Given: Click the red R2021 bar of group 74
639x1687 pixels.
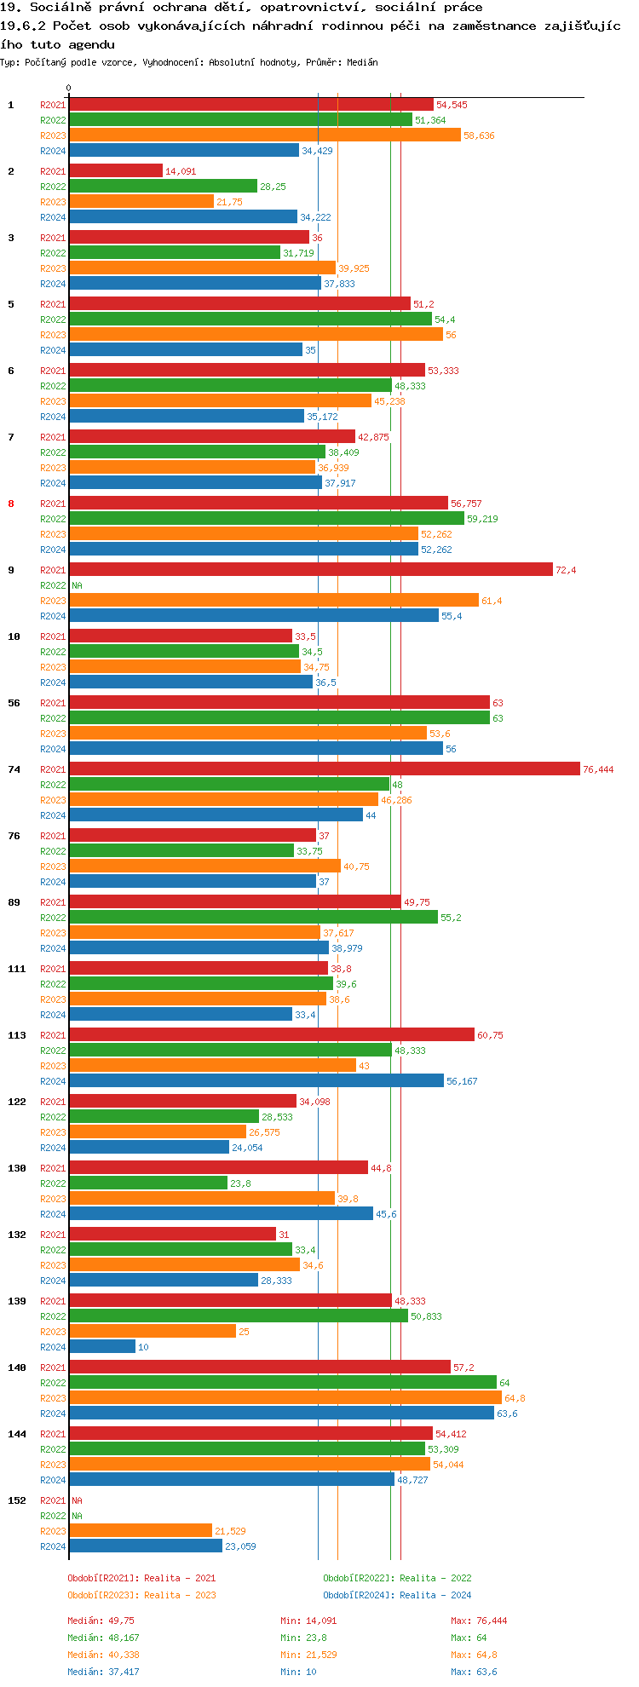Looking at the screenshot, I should coord(324,769).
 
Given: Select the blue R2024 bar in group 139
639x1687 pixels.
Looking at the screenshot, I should coord(102,1347).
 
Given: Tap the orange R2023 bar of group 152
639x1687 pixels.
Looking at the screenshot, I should coord(141,1531).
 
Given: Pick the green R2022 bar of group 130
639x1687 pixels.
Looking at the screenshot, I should coord(148,1183).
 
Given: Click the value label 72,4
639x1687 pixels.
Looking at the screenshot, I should coord(566,570).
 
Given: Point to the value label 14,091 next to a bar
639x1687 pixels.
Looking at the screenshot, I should coord(181,171).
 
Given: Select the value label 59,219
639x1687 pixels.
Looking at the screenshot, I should coord(481,519).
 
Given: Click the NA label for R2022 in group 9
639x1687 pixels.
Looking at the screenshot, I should coord(77,585).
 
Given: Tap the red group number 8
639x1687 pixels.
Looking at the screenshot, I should coord(11,504).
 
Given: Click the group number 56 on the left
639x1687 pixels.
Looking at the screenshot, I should coord(14,703).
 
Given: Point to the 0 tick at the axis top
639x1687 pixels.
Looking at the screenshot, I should coord(69,88).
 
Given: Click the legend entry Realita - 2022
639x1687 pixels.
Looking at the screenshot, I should coord(397,1578).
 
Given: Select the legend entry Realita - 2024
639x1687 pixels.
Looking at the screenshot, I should coord(397,1595).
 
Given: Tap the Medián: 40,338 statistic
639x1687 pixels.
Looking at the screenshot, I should coord(103,1655).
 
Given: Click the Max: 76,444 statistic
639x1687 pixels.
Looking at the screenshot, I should coord(479,1621).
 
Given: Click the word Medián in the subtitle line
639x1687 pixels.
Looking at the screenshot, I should coord(362,62).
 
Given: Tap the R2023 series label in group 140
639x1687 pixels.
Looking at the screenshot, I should coord(53,1398).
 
